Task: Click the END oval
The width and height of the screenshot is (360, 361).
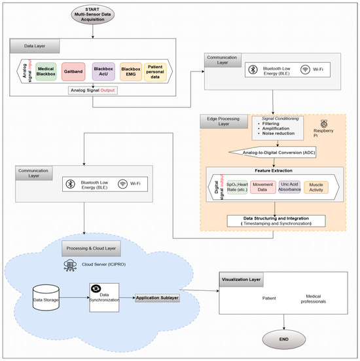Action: [x=283, y=339]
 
